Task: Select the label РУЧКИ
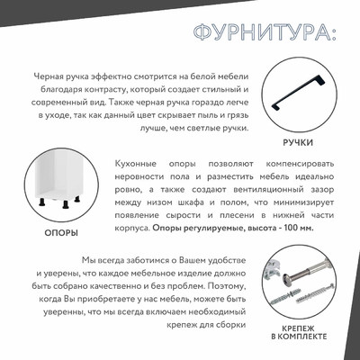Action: pos(297,142)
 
